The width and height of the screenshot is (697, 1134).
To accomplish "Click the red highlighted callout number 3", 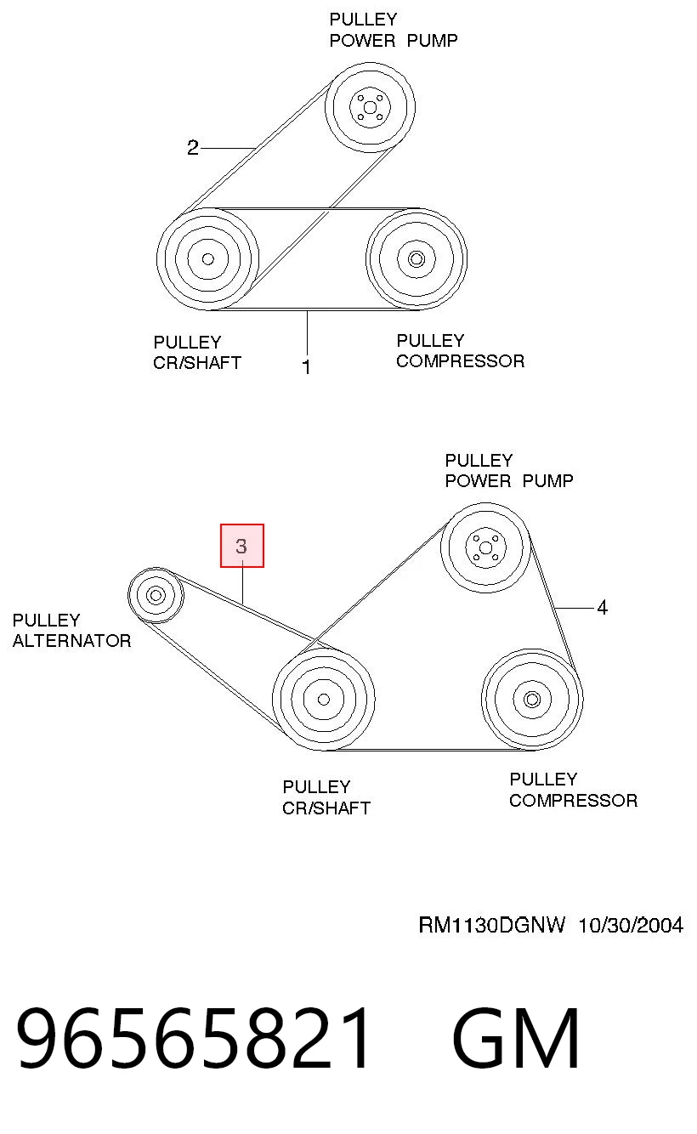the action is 242,546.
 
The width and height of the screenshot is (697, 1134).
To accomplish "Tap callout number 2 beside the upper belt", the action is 192,148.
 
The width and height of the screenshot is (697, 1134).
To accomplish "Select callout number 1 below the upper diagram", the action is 306,366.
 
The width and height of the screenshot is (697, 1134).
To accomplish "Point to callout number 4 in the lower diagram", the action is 602,607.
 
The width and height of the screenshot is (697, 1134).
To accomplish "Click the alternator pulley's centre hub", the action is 156,595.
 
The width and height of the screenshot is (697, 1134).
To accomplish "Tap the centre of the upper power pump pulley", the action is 370,107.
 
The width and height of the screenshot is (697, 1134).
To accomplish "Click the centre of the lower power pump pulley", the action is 485,547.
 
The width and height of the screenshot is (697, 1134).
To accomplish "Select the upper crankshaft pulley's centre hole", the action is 207,259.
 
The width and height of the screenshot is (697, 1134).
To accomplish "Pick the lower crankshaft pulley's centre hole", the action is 324,700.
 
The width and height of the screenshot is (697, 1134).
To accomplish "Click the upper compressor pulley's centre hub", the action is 416,259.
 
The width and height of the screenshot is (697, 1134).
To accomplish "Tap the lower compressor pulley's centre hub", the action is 532,700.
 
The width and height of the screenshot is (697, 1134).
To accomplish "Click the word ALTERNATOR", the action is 72,641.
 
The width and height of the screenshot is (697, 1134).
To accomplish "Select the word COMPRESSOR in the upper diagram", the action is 460,361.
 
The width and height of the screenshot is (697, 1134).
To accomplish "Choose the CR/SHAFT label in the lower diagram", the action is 326,808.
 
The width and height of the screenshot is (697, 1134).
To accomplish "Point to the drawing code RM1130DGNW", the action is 491,925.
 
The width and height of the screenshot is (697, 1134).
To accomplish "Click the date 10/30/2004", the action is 631,925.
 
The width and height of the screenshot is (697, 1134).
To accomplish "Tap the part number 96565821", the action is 193,1038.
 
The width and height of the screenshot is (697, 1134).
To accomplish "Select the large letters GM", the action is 516,1038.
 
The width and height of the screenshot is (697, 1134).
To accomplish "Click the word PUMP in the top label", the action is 433,41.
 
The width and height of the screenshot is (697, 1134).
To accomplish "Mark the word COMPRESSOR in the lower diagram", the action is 574,801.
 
